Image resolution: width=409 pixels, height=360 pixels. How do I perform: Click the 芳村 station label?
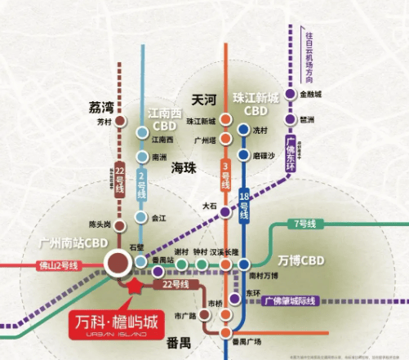[x=102, y=122]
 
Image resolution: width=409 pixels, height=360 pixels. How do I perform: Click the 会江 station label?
[x=158, y=219]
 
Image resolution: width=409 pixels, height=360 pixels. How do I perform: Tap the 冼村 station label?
[x=261, y=129]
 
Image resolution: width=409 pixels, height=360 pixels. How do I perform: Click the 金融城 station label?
[x=311, y=95]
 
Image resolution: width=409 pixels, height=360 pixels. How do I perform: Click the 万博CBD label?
[x=305, y=260]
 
